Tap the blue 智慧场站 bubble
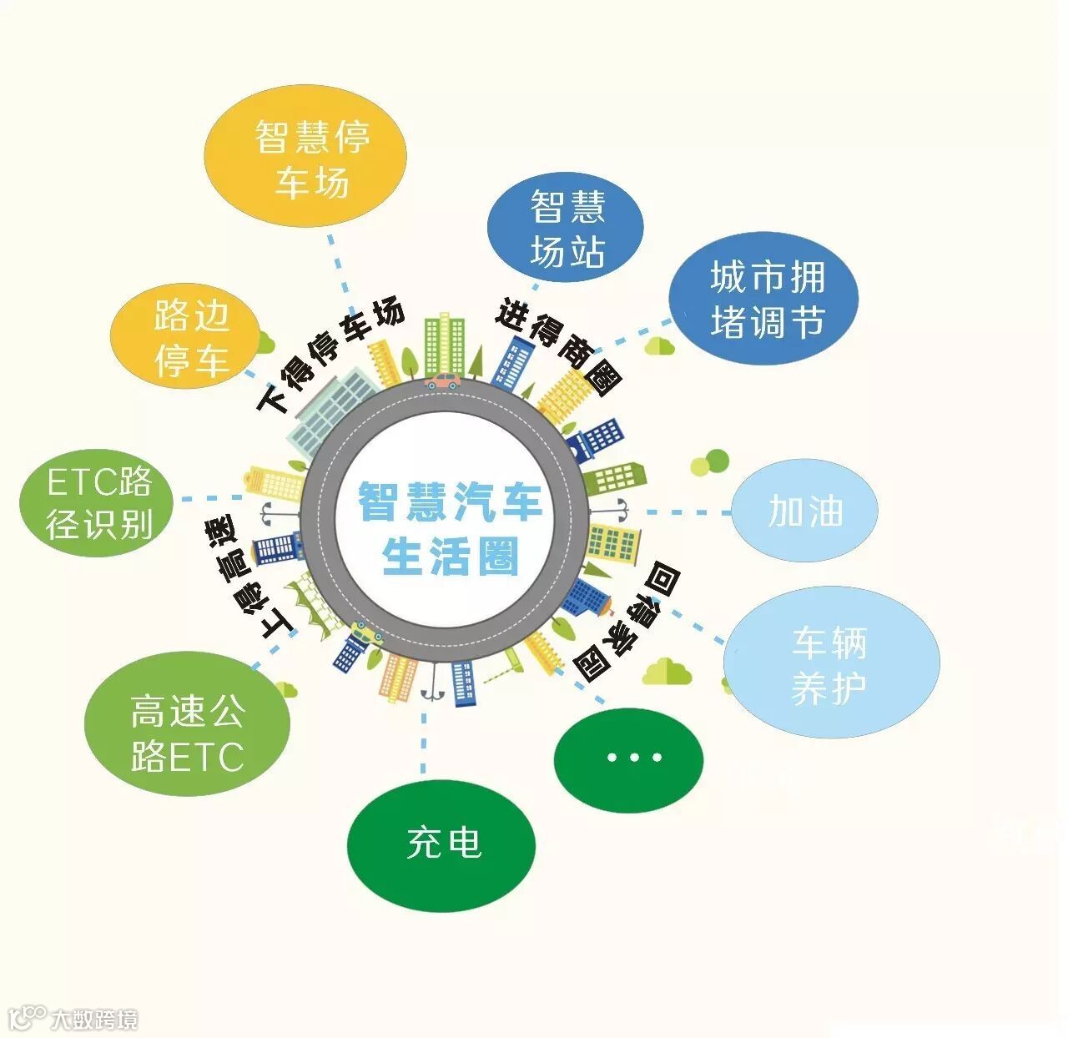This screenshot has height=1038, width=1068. pyautogui.click(x=565, y=228)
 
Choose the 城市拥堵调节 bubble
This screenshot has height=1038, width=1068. pyautogui.click(x=763, y=298)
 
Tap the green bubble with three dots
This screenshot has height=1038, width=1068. pyautogui.click(x=629, y=758)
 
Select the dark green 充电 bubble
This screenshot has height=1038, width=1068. pyautogui.click(x=441, y=843)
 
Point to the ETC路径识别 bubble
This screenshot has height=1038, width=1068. pyautogui.click(x=98, y=503)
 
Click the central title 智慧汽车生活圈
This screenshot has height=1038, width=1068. pyautogui.click(x=451, y=527)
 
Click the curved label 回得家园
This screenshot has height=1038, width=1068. pyautogui.click(x=628, y=622)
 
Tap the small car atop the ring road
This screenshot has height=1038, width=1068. pyautogui.click(x=442, y=382)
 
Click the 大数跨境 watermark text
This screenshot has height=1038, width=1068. pyautogui.click(x=93, y=1019)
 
